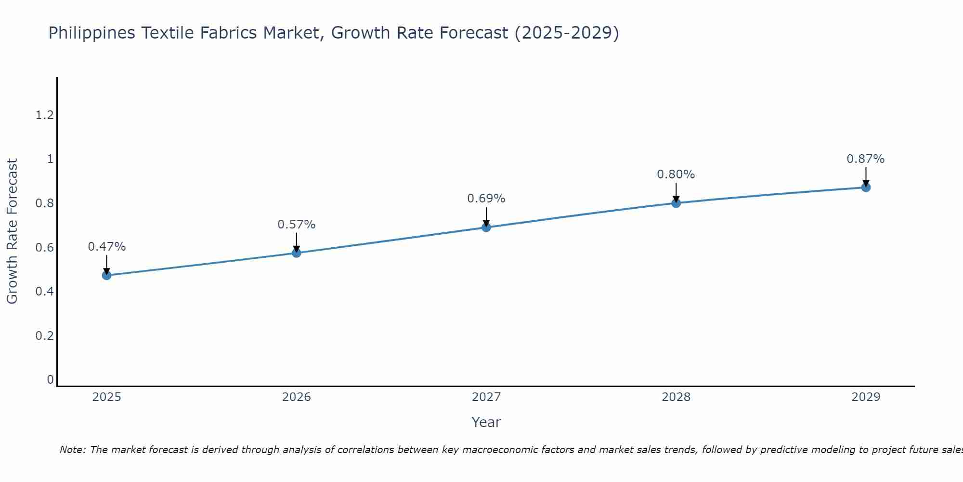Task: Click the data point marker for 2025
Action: [x=106, y=275]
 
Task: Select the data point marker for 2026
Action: [x=297, y=253]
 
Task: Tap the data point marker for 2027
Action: [x=486, y=227]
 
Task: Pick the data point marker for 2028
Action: [x=676, y=203]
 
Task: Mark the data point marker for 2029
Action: [x=866, y=187]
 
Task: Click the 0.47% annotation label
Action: [x=106, y=247]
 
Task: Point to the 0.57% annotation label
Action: [x=297, y=225]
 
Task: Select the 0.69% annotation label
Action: [x=486, y=199]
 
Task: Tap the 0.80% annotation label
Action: [x=676, y=174]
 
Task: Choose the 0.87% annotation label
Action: [x=866, y=159]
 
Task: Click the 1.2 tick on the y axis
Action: [x=44, y=115]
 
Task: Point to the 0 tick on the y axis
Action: [x=50, y=380]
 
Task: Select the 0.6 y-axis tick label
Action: [x=44, y=247]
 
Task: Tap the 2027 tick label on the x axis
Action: [x=486, y=397]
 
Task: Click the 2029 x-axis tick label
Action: [x=866, y=397]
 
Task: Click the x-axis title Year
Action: [x=486, y=422]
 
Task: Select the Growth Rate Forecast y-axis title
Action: [x=12, y=231]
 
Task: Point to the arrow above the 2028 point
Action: [x=676, y=193]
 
